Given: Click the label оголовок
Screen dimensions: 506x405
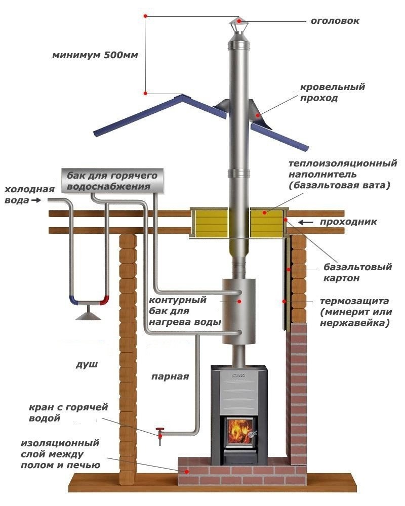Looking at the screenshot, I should click(x=335, y=21).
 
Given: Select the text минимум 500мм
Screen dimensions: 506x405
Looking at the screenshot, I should click(x=95, y=55).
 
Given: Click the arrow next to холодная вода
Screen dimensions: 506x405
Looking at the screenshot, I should click(x=36, y=200).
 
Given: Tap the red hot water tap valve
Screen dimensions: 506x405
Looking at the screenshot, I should click(x=160, y=433).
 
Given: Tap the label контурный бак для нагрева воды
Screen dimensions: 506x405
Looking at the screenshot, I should click(x=185, y=311).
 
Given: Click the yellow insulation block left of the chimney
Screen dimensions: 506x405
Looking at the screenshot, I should click(x=209, y=223).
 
